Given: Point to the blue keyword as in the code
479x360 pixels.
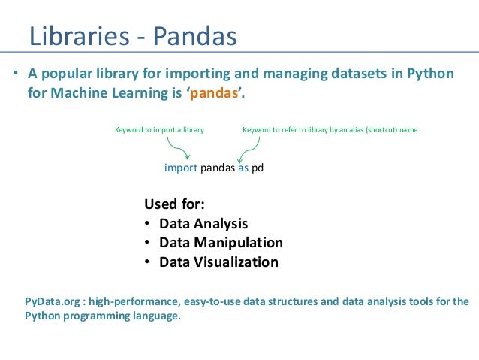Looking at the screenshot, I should [243, 168].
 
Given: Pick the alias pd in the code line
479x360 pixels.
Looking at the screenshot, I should [258, 168].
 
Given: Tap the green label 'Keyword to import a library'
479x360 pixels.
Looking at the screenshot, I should [159, 130].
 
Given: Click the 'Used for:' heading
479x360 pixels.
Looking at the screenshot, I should [174, 204].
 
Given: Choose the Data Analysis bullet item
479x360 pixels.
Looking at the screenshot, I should [203, 224].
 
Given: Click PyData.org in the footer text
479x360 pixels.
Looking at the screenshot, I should [53, 301].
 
